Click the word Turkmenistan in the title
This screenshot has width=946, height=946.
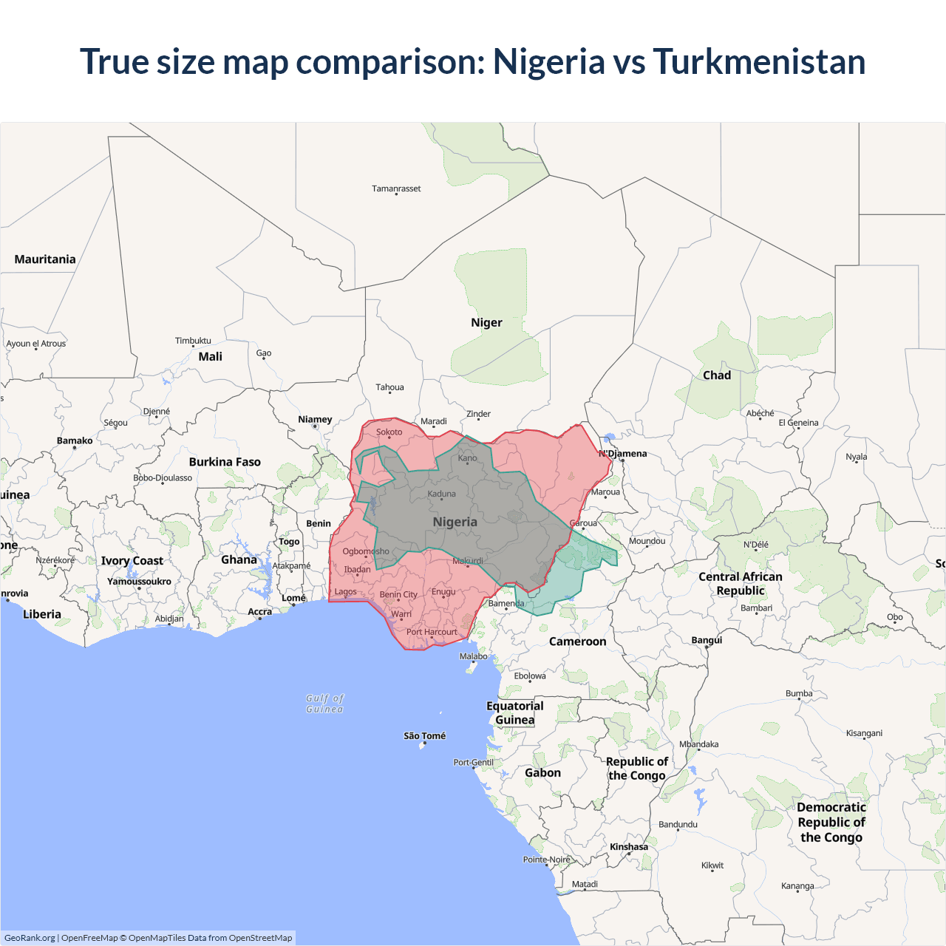pyautogui.click(x=759, y=61)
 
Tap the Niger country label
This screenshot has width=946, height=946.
pyautogui.click(x=486, y=323)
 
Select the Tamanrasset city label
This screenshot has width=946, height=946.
pyautogui.click(x=396, y=188)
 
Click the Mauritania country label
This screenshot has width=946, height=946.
pyautogui.click(x=45, y=259)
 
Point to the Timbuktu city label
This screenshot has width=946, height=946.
pyautogui.click(x=193, y=341)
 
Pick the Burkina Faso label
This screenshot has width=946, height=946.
pyautogui.click(x=225, y=462)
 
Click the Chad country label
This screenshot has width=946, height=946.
pyautogui.click(x=717, y=375)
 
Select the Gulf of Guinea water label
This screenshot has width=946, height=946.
pyautogui.click(x=325, y=704)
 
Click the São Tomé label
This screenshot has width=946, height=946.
pyautogui.click(x=424, y=736)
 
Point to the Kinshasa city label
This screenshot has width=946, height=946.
pyautogui.click(x=629, y=847)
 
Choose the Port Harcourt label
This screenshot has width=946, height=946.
pyautogui.click(x=432, y=632)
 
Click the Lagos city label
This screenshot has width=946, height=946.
pyautogui.click(x=345, y=591)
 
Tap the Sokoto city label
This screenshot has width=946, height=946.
pyautogui.click(x=389, y=432)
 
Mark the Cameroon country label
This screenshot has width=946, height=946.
pyautogui.click(x=577, y=642)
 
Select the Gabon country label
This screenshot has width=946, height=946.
pyautogui.click(x=542, y=773)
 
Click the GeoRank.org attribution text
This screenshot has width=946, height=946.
pyautogui.click(x=30, y=938)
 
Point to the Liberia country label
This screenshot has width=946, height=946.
pyautogui.click(x=42, y=614)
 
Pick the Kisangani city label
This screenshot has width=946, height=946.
pyautogui.click(x=864, y=733)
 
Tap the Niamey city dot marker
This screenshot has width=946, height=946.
pyautogui.click(x=316, y=426)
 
